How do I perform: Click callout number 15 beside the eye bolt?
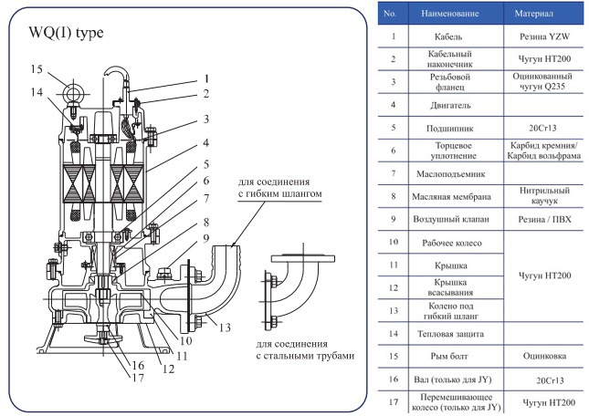(x=36, y=69)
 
